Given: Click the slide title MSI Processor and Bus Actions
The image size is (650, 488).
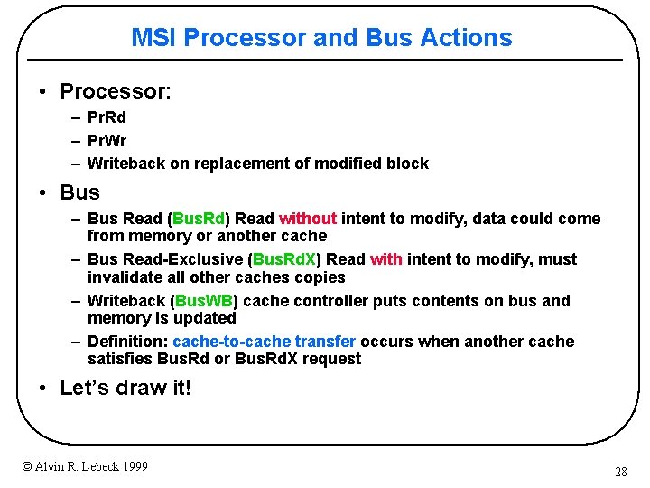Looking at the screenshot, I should [321, 38].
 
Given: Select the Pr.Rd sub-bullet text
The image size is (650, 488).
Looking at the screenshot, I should [107, 117].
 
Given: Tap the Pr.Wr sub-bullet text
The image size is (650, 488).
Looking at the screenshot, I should [107, 140].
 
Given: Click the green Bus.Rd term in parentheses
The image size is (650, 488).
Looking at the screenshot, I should [200, 219].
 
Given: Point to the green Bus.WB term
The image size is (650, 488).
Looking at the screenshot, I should [203, 301].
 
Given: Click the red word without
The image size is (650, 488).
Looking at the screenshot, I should [308, 219].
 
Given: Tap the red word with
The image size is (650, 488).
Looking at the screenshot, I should [385, 259].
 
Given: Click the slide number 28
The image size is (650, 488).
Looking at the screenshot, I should [620, 472].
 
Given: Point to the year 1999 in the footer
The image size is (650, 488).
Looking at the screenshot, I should [132, 466].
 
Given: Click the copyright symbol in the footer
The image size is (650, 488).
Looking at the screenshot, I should [27, 466].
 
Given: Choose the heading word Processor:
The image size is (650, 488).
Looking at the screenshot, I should [116, 91].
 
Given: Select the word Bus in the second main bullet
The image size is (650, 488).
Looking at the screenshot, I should [79, 192].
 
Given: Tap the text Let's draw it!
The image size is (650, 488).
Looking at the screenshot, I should [125, 389].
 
